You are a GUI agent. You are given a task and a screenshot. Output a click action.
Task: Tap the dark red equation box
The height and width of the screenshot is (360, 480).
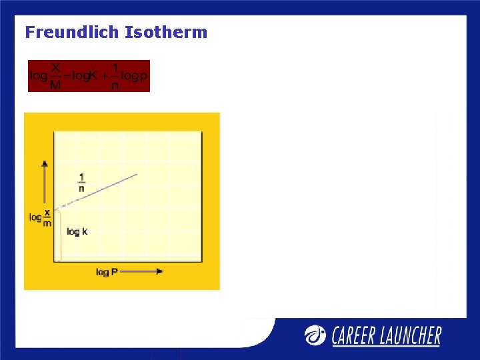[89, 75]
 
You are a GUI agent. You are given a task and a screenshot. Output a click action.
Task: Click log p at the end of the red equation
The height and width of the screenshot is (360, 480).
[135, 76]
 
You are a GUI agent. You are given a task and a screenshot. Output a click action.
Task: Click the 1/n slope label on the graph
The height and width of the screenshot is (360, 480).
[82, 182]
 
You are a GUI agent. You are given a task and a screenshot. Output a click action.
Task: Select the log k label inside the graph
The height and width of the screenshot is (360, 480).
[77, 231]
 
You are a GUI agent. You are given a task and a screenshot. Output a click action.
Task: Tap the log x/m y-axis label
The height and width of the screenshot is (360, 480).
[41, 217]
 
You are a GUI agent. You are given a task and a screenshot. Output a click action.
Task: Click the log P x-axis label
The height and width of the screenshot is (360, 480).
[103, 272]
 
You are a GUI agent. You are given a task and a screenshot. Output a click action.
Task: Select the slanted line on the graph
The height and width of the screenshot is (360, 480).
[97, 191]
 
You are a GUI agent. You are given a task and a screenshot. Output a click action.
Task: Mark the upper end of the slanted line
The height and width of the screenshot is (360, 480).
[137, 175]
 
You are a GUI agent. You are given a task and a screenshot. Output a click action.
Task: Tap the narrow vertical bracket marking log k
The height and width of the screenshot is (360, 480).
[58, 235]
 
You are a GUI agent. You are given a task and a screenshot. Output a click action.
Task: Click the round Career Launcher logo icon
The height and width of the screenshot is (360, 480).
[316, 335]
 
